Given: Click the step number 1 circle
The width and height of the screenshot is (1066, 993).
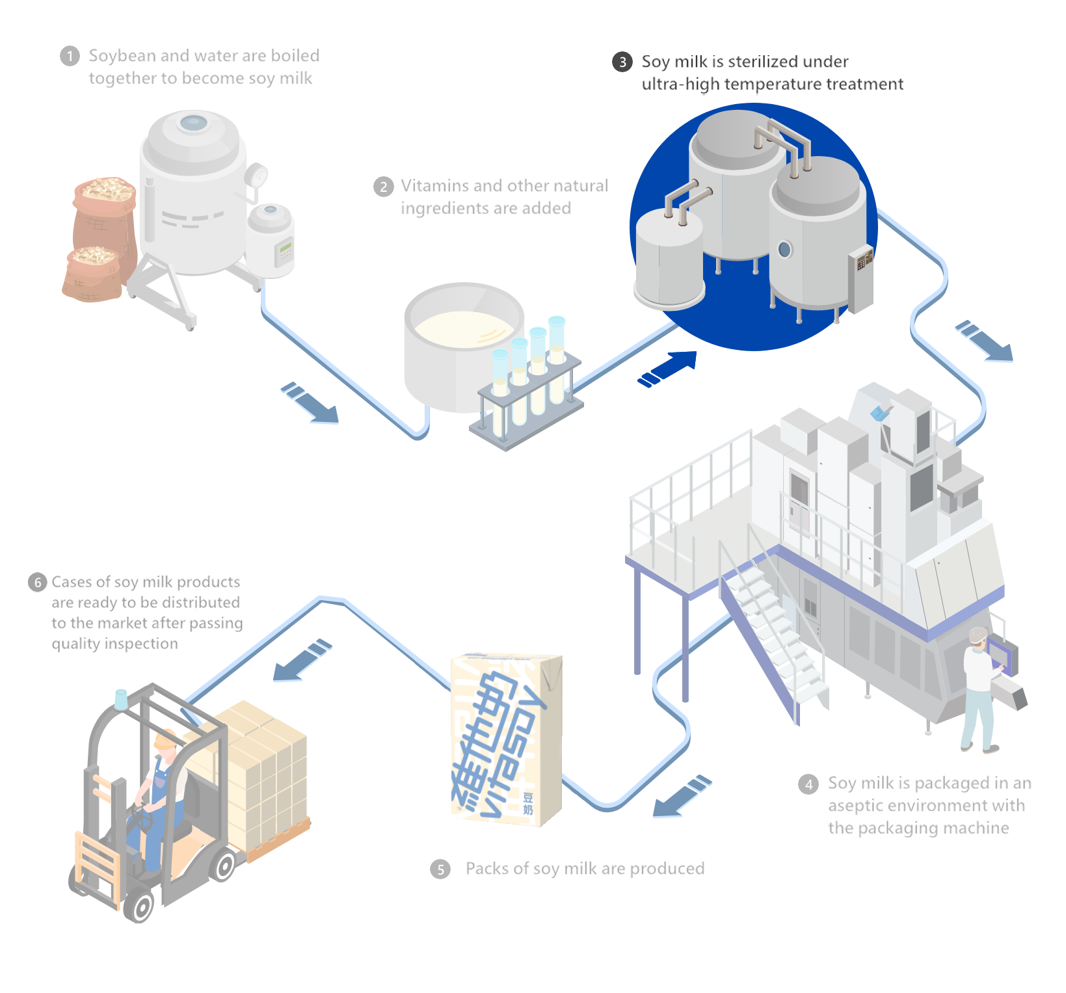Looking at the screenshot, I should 70,57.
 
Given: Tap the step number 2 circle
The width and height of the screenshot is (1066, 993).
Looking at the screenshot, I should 383,187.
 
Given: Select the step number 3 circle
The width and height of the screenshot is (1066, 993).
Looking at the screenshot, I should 622,62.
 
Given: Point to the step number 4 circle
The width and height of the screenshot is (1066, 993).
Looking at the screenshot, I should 808,784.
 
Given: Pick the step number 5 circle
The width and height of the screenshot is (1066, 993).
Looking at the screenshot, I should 440,869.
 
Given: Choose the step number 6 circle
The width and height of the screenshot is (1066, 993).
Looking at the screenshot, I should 38,582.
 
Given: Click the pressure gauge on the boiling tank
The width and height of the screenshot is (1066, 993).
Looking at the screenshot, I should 258,175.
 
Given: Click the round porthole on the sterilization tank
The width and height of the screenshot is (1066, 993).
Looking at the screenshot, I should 784,249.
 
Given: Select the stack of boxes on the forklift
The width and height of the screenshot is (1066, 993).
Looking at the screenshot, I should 263,767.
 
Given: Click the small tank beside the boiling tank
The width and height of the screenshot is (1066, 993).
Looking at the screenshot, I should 270,237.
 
